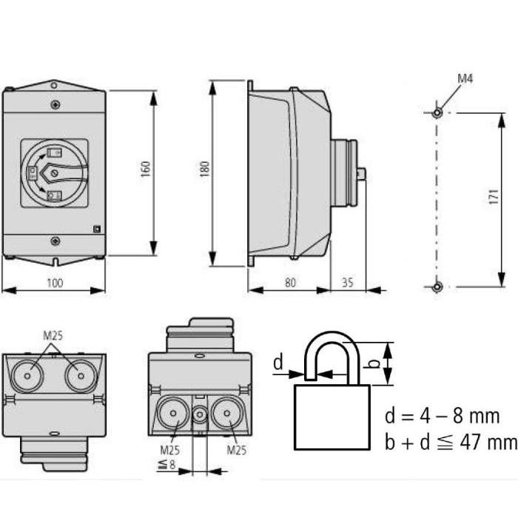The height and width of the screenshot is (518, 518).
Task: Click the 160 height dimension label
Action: click(145, 169)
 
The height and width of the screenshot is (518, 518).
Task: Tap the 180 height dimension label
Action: click(204, 169)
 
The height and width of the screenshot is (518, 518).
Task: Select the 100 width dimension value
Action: click(55, 283)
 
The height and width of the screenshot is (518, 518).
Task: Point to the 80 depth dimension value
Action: click(290, 283)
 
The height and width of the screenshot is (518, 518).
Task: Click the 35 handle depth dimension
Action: click(347, 283)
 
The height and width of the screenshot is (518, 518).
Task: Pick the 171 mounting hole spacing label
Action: click(494, 196)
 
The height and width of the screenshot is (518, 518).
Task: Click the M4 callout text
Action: click(465, 78)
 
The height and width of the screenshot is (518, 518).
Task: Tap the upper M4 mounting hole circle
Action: click(437, 112)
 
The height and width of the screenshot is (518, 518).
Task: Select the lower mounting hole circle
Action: click(437, 286)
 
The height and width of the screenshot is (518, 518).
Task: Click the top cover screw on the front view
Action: click(55, 105)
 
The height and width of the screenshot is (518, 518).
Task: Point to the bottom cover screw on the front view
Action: click(55, 240)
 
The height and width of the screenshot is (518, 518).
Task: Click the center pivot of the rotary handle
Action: click(55, 172)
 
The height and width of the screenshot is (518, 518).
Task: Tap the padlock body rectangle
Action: click(332, 417)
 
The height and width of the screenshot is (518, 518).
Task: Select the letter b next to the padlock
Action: click(374, 363)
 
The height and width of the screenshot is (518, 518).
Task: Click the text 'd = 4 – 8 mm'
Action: click(443, 416)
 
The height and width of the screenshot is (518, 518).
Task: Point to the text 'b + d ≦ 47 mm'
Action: click(451, 442)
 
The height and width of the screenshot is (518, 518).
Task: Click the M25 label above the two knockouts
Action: click(53, 336)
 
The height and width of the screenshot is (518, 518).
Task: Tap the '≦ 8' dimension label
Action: click(167, 464)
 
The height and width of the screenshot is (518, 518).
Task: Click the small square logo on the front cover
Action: click(97, 229)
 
